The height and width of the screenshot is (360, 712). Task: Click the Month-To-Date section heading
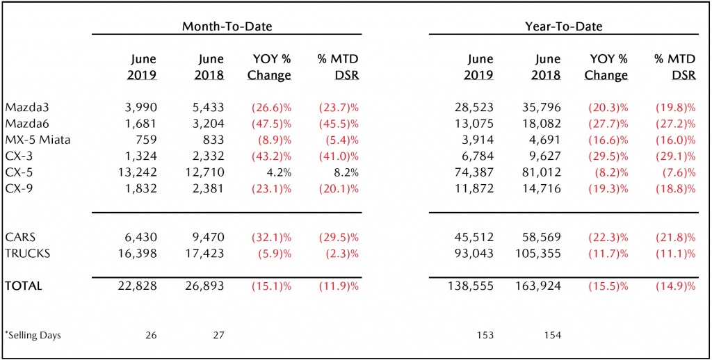coord(227,26)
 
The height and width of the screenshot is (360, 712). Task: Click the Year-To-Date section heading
coord(563,26)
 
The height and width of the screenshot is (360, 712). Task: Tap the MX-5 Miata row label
coord(38,140)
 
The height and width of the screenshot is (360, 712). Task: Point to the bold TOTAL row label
coord(24,286)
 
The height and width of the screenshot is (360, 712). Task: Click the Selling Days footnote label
coord(33,336)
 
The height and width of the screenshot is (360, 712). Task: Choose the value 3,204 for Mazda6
coord(209,124)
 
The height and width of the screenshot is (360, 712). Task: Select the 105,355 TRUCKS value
coord(539,253)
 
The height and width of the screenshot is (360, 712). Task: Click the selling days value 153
coord(485,336)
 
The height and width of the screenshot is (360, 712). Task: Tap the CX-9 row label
coord(17,188)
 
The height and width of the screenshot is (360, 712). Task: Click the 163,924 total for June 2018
coord(539,286)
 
